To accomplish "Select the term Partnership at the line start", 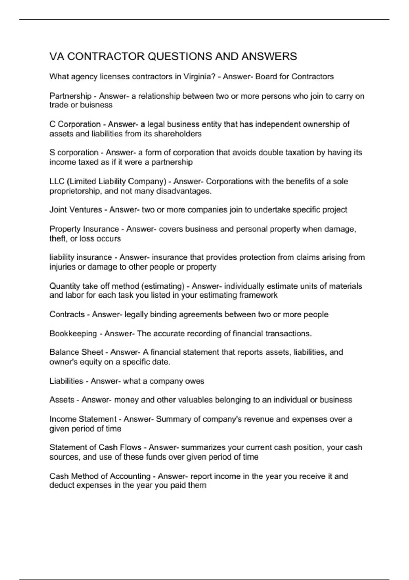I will click(71, 96).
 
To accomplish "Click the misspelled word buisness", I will click(96, 105).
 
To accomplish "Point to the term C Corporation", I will click(75, 124).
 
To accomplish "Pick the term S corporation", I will click(74, 153).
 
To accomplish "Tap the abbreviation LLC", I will click(57, 181).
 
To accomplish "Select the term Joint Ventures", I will click(76, 209).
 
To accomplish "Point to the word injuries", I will click(62, 267).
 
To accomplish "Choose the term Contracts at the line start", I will click(67, 314).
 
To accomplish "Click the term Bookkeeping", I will click(73, 333).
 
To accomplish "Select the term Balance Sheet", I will click(76, 352).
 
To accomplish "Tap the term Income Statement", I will click(83, 419).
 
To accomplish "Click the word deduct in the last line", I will click(62, 485).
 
